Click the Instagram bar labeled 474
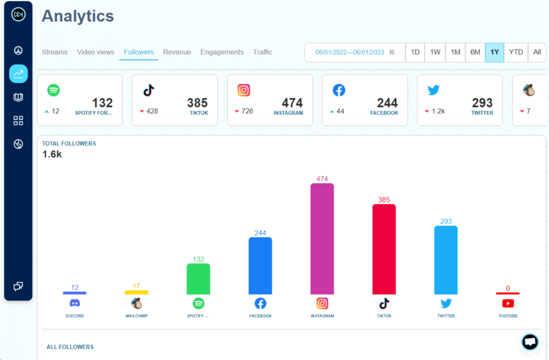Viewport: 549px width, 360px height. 322,239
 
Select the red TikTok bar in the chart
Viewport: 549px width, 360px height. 384,249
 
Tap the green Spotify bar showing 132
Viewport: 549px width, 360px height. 198,279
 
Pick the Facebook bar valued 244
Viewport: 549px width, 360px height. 260,266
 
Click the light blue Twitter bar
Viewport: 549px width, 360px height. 446,260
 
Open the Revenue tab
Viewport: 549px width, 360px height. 177,52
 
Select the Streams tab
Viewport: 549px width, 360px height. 55,52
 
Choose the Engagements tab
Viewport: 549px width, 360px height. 222,52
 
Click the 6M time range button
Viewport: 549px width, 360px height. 475,52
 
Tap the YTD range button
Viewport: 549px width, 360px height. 516,52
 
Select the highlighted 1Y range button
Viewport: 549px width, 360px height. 494,52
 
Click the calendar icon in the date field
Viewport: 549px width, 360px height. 392,53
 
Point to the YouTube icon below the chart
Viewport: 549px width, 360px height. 508,303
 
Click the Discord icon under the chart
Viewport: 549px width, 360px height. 75,303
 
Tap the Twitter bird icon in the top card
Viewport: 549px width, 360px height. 434,90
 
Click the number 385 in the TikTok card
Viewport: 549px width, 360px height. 197,102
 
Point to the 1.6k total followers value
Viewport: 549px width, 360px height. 53,155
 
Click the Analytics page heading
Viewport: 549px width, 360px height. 78,16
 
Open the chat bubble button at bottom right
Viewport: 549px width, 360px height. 530,342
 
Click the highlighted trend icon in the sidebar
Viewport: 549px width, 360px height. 18,74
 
